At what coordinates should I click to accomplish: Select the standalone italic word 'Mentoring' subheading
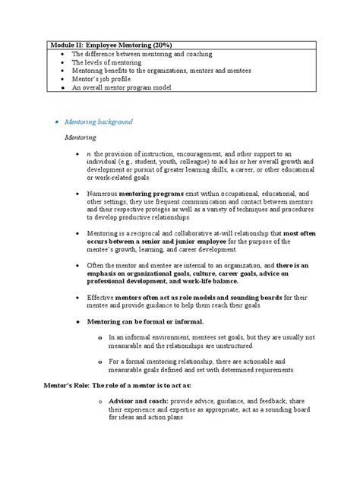pyautogui.click(x=80, y=137)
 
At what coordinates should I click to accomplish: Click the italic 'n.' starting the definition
pyautogui.click(x=89, y=153)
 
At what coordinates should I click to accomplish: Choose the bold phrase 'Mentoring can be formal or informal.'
pyautogui.click(x=139, y=321)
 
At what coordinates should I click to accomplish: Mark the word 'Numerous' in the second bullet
pyautogui.click(x=103, y=194)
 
